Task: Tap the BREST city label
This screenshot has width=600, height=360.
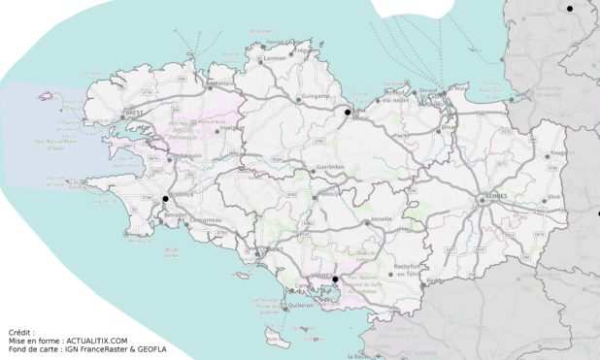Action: pyautogui.click(x=135, y=115)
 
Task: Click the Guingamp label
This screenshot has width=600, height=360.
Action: pyautogui.click(x=316, y=98)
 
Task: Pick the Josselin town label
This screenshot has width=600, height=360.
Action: pyautogui.click(x=382, y=220)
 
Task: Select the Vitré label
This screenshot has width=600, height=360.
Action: pyautogui.click(x=554, y=197)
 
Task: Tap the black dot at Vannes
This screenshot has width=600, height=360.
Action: pyautogui.click(x=335, y=279)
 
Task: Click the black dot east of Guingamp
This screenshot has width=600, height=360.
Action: pyautogui.click(x=347, y=113)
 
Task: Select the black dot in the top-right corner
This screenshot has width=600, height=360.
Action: pyautogui.click(x=570, y=9)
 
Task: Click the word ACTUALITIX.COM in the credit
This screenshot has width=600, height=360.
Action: pyautogui.click(x=94, y=341)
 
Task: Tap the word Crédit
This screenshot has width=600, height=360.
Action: pyautogui.click(x=20, y=332)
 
